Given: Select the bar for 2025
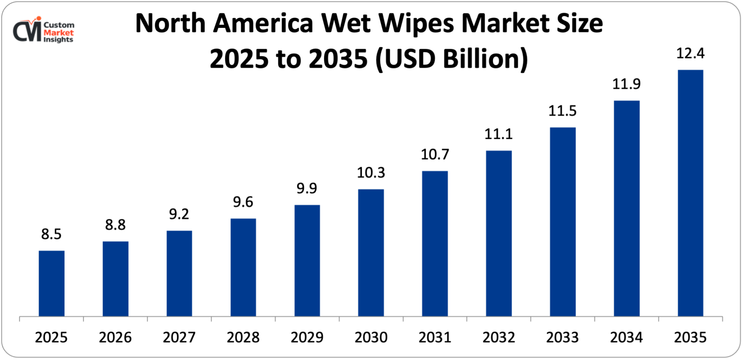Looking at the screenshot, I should tap(52, 283).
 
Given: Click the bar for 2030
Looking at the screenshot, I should tap(371, 253).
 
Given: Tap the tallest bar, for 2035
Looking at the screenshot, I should tap(690, 193).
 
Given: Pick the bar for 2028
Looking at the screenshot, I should tap(243, 267).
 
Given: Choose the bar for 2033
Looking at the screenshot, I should tap(562, 222).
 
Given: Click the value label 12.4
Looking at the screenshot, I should tap(690, 53).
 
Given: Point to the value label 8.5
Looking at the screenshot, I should tap(51, 234).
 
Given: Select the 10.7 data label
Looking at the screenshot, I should tap(435, 154).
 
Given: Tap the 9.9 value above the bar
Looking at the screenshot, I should tap(306, 188).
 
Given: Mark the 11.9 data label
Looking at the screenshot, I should tap(626, 84).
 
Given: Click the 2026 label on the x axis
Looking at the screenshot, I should tap(115, 337).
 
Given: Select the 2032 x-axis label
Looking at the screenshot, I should tap(499, 337).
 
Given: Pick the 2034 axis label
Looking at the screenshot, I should tap(626, 337).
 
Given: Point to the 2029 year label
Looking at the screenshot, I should tap(307, 337).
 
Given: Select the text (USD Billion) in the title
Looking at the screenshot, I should tap(451, 59).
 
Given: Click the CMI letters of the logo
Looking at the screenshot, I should tap(27, 31).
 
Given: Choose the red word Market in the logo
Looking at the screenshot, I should tap(58, 32).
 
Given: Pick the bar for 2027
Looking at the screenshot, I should tap(179, 273).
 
